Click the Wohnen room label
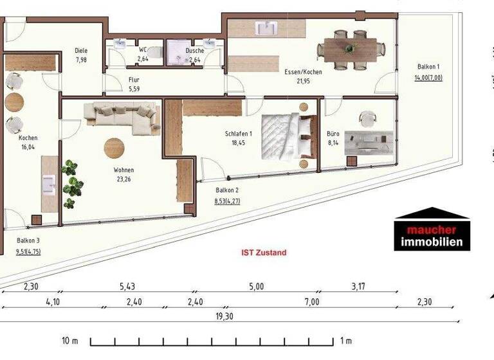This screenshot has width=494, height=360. [124, 170]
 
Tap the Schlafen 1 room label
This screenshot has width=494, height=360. [239, 134]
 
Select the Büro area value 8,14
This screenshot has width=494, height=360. [333, 144]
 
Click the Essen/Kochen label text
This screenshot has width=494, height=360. [303, 72]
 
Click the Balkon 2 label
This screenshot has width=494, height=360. [227, 190]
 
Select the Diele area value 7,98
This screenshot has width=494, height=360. [81, 59]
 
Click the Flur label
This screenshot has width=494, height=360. [134, 80]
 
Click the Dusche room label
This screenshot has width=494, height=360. [194, 50]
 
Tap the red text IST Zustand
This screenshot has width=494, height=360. [264, 253]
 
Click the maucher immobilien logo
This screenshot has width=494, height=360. [432, 230]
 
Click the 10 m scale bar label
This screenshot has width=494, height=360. [70, 340]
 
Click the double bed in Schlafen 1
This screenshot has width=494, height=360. [289, 136]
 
